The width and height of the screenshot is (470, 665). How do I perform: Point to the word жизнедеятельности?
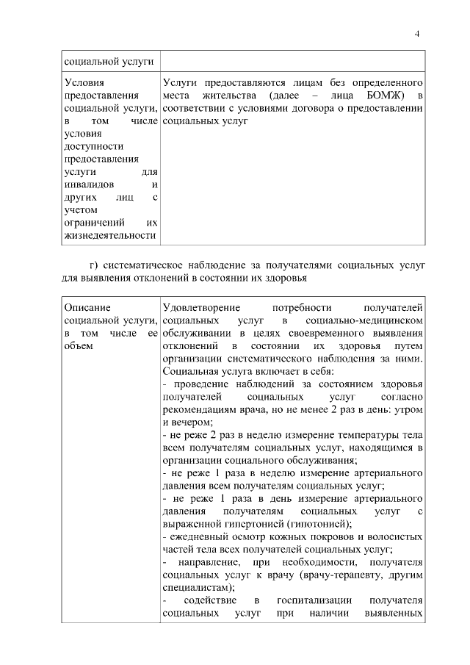tap(110, 236)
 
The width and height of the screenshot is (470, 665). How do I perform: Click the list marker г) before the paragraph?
tap(93, 265)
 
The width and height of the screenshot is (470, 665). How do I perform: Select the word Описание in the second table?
tap(87, 309)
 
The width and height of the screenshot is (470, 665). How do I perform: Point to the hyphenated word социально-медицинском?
tap(365, 321)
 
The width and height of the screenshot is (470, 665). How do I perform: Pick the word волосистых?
tap(393, 536)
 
